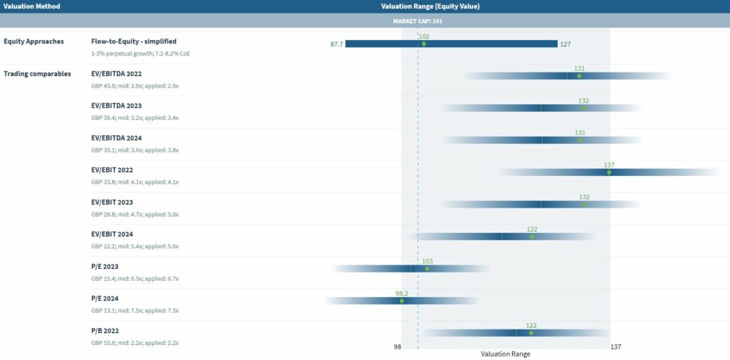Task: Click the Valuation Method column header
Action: point(32,6)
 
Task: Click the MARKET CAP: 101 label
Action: point(418,21)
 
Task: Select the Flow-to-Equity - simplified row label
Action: point(133,41)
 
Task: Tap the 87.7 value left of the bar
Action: point(336,44)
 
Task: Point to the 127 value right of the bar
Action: point(565,44)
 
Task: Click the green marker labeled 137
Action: point(609,173)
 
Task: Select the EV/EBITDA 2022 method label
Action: point(117,73)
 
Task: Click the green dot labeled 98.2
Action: point(401,301)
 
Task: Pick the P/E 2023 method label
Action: point(105,267)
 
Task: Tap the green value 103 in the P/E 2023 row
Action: point(427,262)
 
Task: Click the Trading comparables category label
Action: point(37,73)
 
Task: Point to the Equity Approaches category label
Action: point(34,41)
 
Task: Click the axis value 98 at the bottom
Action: point(397,347)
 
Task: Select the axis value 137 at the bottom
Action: point(616,347)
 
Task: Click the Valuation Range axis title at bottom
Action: point(505,354)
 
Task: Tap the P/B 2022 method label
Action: point(105,331)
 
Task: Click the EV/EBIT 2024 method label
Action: point(112,234)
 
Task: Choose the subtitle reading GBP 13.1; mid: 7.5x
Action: point(135,311)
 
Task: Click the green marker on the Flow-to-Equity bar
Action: point(423,44)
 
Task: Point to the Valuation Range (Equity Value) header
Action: point(430,6)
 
